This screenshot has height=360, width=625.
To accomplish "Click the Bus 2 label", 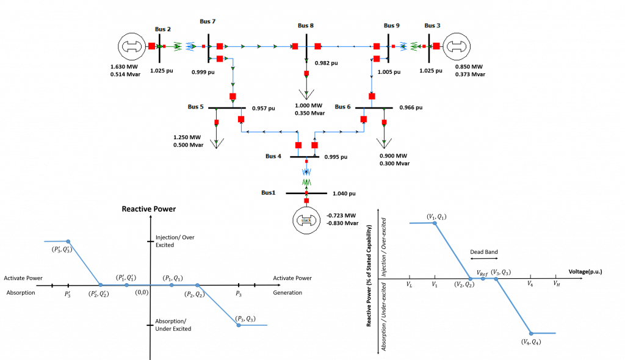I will point(162,29).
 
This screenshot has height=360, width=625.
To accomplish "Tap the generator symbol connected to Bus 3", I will point(457,46).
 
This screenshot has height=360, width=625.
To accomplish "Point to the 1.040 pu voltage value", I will point(344,193).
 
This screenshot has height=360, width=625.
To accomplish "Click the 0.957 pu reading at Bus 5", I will point(264,108).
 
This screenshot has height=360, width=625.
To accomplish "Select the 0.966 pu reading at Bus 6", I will point(411,107).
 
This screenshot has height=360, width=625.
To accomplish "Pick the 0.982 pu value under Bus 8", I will point(326,63).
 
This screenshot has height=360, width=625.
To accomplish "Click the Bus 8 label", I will point(306,26).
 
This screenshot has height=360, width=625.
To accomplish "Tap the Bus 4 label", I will point(273,156).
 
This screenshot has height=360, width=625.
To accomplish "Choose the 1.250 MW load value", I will point(187,137).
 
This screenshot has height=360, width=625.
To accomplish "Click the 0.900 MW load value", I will point(394,156).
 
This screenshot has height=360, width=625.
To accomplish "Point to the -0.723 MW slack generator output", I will point(342,215).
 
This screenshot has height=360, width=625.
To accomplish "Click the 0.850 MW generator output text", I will point(469,67).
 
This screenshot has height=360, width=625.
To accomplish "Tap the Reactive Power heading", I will point(148,209).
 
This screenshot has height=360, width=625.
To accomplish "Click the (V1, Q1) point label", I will point(436,217).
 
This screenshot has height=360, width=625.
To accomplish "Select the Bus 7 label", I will point(208,21).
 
